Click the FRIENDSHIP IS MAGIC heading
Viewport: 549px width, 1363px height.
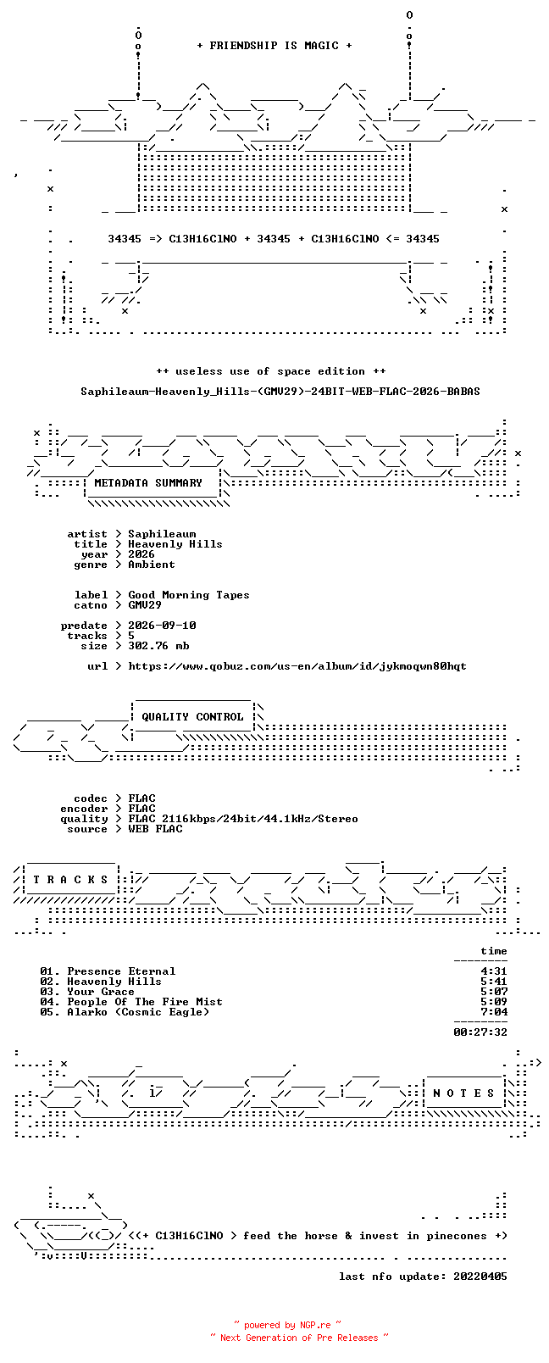coord(274,46)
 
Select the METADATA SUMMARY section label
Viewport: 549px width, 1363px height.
coord(147,483)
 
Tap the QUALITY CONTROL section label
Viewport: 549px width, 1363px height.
coord(192,717)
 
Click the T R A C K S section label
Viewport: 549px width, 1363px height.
coord(70,880)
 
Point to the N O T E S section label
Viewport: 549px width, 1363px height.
coord(464,1093)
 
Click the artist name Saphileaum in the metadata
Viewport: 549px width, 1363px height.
coord(162,534)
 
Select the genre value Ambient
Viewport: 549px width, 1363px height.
coord(152,565)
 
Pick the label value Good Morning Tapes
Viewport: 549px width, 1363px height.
coord(188,595)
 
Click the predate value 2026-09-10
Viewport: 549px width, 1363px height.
coord(162,626)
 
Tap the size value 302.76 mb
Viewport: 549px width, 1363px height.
coord(158,646)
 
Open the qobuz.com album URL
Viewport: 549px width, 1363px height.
coord(297,666)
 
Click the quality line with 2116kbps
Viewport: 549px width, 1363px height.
coord(242,819)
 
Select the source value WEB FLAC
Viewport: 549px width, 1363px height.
coord(155,829)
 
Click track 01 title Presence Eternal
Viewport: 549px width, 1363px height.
coord(121,971)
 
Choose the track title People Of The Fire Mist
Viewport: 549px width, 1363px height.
coord(145,1002)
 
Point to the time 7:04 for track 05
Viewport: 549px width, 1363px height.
coord(494,1013)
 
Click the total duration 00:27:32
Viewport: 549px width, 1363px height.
coord(480,1032)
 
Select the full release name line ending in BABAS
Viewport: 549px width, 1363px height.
coord(280,392)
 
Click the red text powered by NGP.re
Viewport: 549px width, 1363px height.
coord(287,1325)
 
